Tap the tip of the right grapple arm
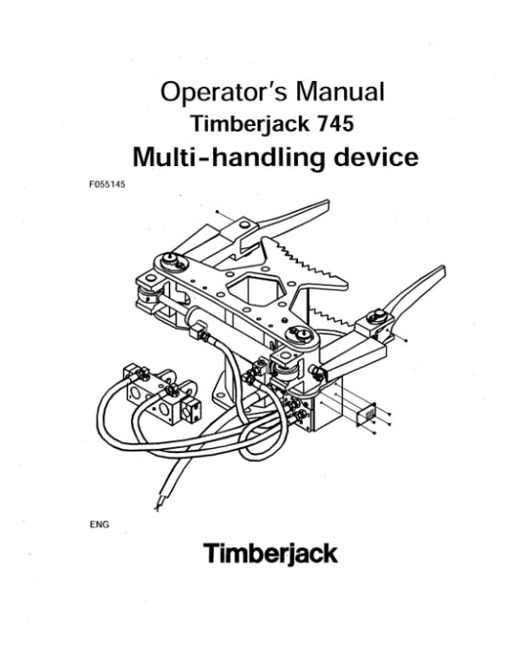442,272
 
